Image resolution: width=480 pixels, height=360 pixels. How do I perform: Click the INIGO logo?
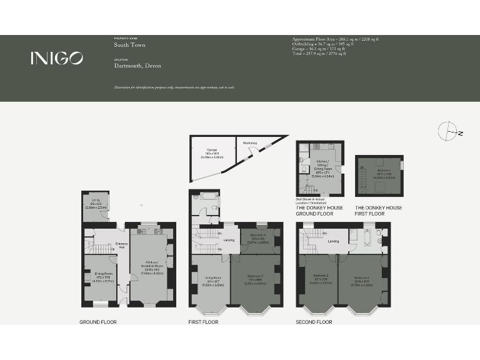point(56,58)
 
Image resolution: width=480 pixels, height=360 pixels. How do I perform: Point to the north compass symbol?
point(449,132)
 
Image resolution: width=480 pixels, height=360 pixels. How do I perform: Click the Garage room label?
point(212,151)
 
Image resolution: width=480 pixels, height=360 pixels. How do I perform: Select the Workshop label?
point(251,142)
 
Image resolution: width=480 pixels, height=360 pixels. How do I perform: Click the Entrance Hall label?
point(122,245)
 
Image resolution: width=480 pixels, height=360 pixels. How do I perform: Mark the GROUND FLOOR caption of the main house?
point(98,322)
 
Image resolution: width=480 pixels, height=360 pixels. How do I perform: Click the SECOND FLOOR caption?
point(314,322)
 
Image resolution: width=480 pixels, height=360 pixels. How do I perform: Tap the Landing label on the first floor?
point(229,239)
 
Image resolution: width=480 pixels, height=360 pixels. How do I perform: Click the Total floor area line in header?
point(319,54)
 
